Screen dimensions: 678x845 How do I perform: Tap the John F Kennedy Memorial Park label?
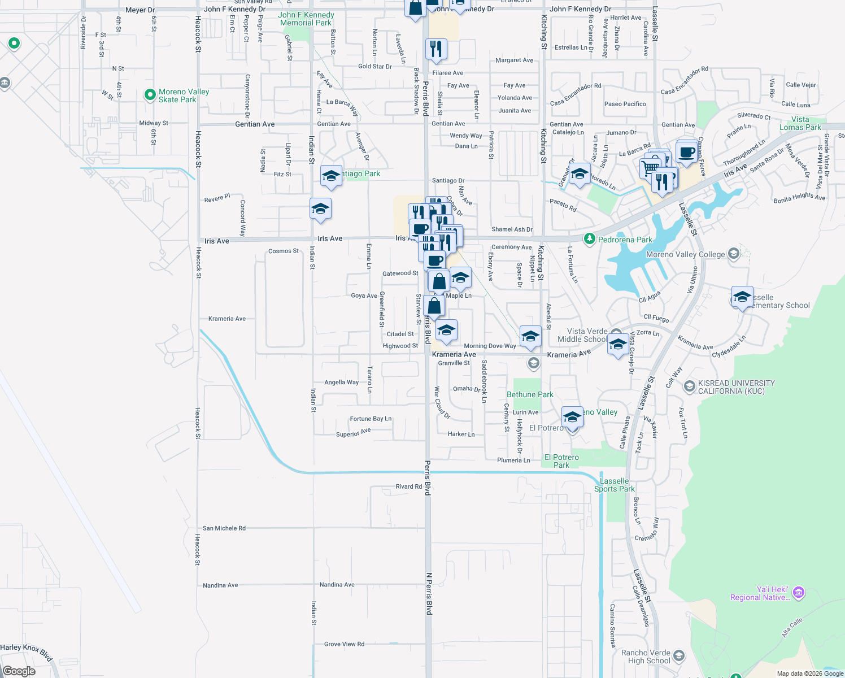[x=306, y=19]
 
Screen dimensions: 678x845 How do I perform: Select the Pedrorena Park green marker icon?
[x=590, y=239]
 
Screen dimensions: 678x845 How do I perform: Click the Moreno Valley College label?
[x=685, y=254]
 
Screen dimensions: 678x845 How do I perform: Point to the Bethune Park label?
[x=530, y=394]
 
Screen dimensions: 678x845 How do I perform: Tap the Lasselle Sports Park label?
[x=614, y=485]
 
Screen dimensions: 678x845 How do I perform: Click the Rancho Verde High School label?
[x=646, y=657]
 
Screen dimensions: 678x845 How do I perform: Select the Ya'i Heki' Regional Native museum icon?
[x=799, y=593]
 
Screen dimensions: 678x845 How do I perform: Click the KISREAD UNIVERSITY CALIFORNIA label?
[x=736, y=387]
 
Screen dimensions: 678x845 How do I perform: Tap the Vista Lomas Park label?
[x=800, y=123]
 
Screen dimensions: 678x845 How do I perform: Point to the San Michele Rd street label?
[x=224, y=528]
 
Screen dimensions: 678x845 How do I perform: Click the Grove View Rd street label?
[x=344, y=644]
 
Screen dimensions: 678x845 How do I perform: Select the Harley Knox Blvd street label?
[x=27, y=651]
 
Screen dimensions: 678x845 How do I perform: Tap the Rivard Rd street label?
[x=408, y=486]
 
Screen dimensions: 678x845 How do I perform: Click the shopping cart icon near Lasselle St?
[x=650, y=168]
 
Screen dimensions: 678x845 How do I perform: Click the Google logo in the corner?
[x=19, y=671]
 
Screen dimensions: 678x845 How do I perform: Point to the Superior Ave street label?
[x=353, y=433]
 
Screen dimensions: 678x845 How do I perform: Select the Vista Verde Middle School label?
[x=587, y=335]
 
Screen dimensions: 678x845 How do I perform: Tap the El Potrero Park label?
[x=561, y=461]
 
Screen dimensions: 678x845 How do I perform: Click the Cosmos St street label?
[x=284, y=251]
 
